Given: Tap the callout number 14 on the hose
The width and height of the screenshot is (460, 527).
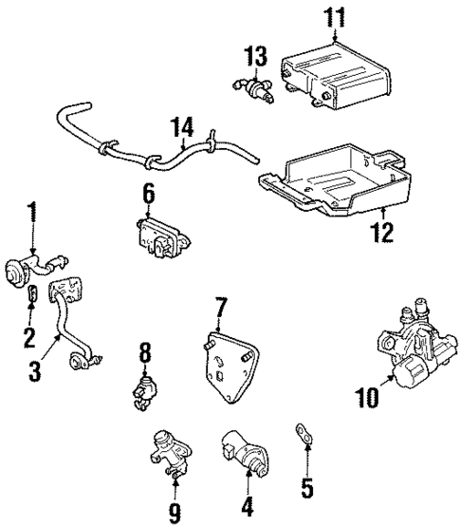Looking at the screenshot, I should (x=182, y=126).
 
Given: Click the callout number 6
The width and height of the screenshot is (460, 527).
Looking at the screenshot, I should (x=149, y=194).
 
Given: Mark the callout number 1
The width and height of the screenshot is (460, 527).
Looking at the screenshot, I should (x=32, y=212).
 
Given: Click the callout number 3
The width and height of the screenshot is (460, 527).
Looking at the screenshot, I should (x=34, y=370).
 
